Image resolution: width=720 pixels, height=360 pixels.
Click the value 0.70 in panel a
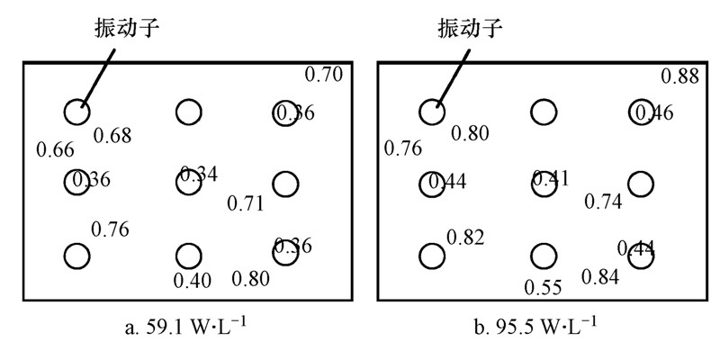pos(325,75)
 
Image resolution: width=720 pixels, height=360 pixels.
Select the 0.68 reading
pos(112,136)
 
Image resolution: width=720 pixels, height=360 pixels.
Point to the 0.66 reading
pos(55,149)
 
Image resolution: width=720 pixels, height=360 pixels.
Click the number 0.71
pos(245,202)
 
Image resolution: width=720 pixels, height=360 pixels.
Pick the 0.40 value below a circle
pos(192,280)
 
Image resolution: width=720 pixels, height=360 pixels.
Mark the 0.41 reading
pos(550,178)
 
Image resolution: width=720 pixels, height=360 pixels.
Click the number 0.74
pos(603,202)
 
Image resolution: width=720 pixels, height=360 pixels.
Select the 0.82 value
pos(465,238)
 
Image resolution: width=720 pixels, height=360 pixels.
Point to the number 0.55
pos(543,288)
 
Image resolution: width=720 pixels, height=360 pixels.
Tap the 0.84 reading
pos(600,277)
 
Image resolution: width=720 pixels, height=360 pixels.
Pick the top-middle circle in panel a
pos(187,112)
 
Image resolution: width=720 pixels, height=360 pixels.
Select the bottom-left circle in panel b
pos(432,256)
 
